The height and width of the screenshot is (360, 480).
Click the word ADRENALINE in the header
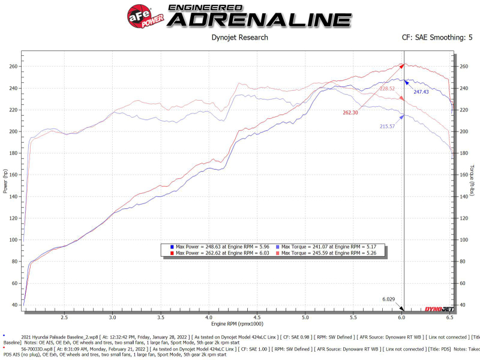pyautogui.click(x=259, y=19)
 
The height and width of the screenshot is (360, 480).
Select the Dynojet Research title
pyautogui.click(x=240, y=38)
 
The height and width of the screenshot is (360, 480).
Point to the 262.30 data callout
pyautogui.click(x=350, y=112)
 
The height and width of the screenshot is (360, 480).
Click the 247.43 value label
pyautogui.click(x=421, y=92)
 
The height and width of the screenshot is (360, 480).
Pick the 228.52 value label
pyautogui.click(x=387, y=88)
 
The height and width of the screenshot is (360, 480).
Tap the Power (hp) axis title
pyautogui.click(x=6, y=181)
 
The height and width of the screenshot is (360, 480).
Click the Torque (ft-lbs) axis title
pyautogui.click(x=473, y=181)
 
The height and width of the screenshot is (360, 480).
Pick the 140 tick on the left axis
pyautogui.click(x=13, y=196)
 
